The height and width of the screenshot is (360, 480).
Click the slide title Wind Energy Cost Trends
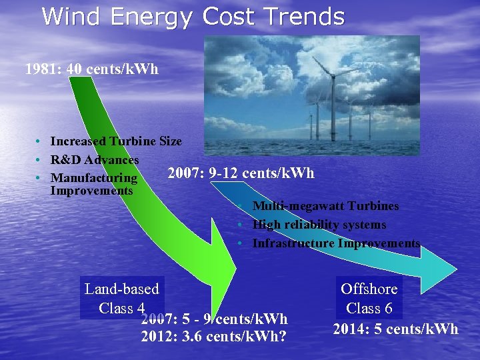coord(193,16)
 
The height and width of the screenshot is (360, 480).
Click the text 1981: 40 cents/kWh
coord(92,69)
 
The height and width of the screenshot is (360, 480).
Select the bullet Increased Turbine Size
coord(115,141)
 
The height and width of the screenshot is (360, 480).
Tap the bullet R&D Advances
coord(95,160)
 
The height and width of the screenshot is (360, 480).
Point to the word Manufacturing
coord(94,179)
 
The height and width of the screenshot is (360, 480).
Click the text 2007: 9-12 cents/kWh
coord(241,173)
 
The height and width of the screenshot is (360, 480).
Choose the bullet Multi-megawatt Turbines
coord(325,206)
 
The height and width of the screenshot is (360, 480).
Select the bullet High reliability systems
coord(319,225)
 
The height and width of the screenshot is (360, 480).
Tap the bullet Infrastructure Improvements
coord(336,243)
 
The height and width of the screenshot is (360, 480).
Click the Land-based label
coord(122,289)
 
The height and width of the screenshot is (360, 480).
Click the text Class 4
coord(122,308)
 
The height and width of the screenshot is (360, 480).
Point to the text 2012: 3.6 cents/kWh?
coord(214,336)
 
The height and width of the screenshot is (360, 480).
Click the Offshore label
coord(369,289)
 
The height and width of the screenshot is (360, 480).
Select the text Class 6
coord(369,308)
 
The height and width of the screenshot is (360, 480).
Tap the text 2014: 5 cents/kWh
coord(395,329)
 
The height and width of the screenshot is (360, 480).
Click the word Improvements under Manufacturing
coord(91,191)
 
